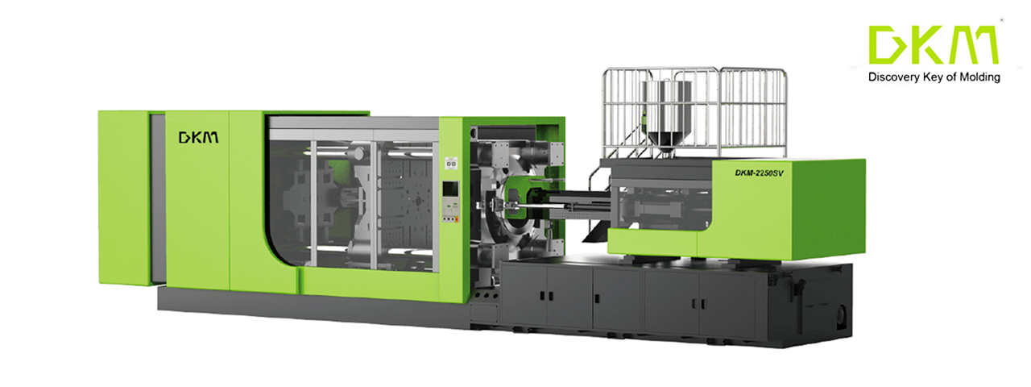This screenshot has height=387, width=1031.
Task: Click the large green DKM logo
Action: (934, 44)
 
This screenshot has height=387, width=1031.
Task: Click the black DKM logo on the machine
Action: (198, 137)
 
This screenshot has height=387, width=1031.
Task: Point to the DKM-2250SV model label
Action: (759, 173)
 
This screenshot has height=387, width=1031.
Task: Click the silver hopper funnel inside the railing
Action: (667, 113)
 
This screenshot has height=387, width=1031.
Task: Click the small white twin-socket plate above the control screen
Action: (451, 164)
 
